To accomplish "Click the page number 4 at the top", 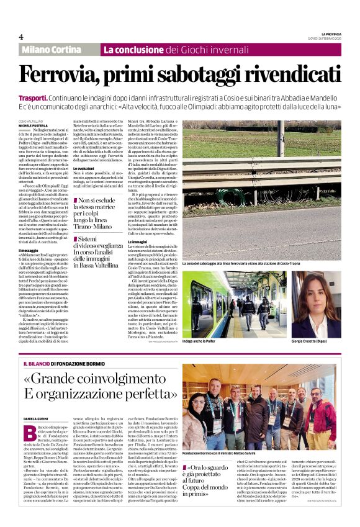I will [21, 37].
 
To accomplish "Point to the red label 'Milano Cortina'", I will [58, 50].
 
